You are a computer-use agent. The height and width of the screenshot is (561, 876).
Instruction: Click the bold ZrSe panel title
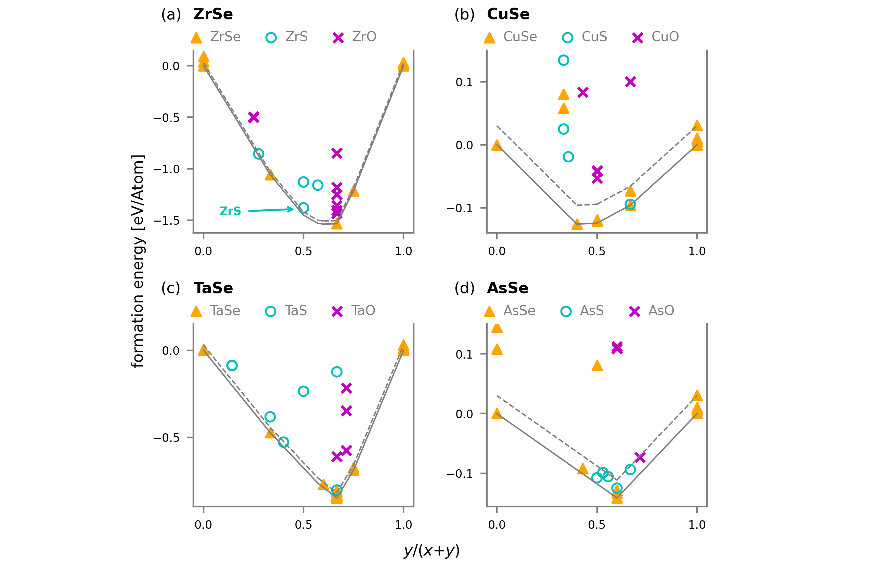point(213,14)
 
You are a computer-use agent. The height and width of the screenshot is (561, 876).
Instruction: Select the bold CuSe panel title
point(508,14)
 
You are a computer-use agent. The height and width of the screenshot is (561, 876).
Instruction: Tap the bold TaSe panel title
point(213,288)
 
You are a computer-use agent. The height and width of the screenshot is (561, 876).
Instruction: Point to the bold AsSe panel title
point(507,288)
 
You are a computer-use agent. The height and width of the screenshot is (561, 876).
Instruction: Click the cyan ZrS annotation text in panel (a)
point(230,211)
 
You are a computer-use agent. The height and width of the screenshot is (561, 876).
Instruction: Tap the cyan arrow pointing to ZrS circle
point(271,210)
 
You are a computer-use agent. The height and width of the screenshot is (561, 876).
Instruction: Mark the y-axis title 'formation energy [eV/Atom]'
point(138,261)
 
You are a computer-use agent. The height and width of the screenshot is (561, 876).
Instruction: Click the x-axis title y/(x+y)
point(431,550)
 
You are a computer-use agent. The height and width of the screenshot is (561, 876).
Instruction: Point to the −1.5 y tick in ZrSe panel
point(166,221)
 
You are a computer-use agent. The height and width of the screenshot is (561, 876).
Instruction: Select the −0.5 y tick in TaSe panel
point(166,438)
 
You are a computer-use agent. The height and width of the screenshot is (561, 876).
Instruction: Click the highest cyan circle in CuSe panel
point(563,60)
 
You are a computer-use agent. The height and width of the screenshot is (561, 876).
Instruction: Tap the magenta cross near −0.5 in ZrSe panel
point(254,117)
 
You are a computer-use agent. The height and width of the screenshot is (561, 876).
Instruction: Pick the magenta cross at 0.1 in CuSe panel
point(630,82)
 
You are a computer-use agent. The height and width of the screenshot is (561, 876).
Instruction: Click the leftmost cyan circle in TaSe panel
point(232,365)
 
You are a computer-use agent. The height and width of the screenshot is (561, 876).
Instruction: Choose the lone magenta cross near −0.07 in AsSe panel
point(640,457)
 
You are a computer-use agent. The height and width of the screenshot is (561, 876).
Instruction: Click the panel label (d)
point(464,288)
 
